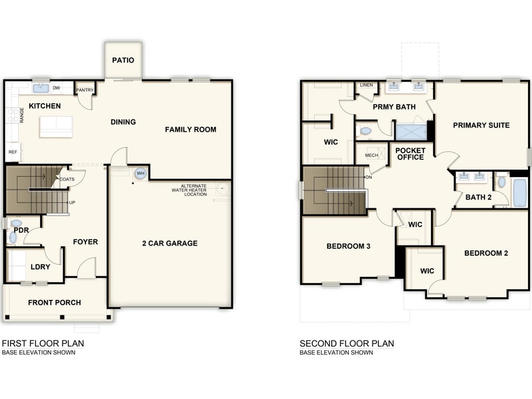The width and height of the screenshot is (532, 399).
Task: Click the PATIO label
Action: click(x=123, y=60)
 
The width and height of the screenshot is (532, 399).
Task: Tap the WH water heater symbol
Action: click(x=140, y=174)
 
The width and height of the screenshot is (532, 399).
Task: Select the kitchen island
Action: click(x=56, y=126)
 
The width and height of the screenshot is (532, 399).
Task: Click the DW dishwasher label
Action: click(x=57, y=88)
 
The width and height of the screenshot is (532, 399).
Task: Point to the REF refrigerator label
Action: click(x=12, y=152)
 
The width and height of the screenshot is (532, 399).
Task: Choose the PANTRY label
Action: click(x=85, y=90)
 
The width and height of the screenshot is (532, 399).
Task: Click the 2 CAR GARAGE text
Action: click(x=170, y=243)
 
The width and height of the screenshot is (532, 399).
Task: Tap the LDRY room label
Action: click(x=41, y=267)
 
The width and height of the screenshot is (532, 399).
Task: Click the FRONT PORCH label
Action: click(x=54, y=303)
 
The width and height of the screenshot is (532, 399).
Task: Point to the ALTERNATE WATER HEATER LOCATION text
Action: click(x=189, y=191)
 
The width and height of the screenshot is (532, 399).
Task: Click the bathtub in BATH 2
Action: click(x=519, y=192)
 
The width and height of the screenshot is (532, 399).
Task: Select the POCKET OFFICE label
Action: click(x=410, y=153)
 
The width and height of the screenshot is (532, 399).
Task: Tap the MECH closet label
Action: click(x=371, y=155)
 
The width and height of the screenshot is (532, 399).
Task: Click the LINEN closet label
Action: click(x=366, y=85)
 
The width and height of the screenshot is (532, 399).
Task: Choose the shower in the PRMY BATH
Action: click(x=411, y=131)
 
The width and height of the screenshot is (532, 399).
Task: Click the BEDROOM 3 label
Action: click(x=348, y=246)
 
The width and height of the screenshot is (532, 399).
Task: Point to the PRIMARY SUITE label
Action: click(x=481, y=125)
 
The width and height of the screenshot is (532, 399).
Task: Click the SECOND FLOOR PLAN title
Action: click(x=347, y=343)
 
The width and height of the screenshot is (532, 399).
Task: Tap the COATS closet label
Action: click(x=67, y=179)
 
